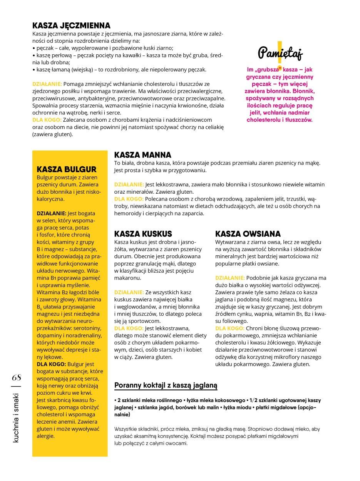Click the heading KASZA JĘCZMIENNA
point(71,25)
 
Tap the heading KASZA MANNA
point(143,155)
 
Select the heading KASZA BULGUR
point(66,169)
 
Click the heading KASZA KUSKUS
point(143,234)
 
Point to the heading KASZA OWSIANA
point(248,234)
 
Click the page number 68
point(17,377)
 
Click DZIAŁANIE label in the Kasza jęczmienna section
point(47,84)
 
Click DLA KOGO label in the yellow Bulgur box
point(51,364)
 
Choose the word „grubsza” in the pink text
point(267,70)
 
